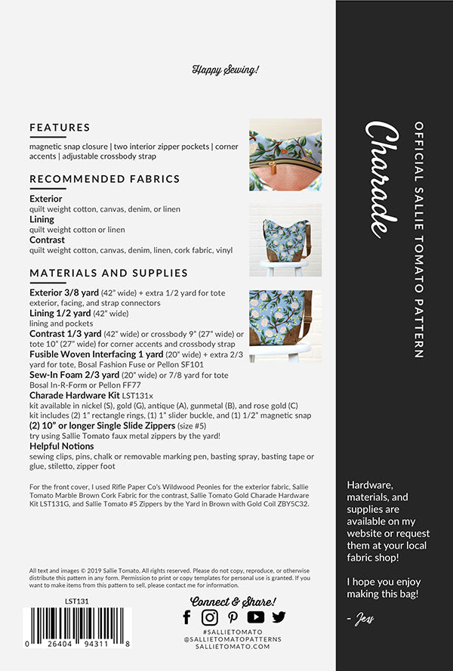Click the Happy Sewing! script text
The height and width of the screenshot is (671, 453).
click(x=226, y=70)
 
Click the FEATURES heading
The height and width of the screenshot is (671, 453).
click(x=60, y=128)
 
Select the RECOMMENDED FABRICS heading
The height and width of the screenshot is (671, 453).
click(x=104, y=179)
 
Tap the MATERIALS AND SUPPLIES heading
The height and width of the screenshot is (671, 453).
click(x=109, y=273)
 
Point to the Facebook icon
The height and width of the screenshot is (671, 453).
click(x=187, y=617)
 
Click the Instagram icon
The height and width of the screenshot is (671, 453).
click(x=210, y=617)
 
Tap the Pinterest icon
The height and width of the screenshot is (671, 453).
click(x=233, y=617)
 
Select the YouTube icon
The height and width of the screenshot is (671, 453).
click(x=256, y=617)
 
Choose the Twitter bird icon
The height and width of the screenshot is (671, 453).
click(x=279, y=617)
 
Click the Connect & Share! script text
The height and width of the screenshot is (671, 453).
click(x=233, y=601)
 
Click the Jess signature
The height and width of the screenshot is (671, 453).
click(x=362, y=620)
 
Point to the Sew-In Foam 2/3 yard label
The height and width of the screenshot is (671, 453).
click(x=74, y=374)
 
